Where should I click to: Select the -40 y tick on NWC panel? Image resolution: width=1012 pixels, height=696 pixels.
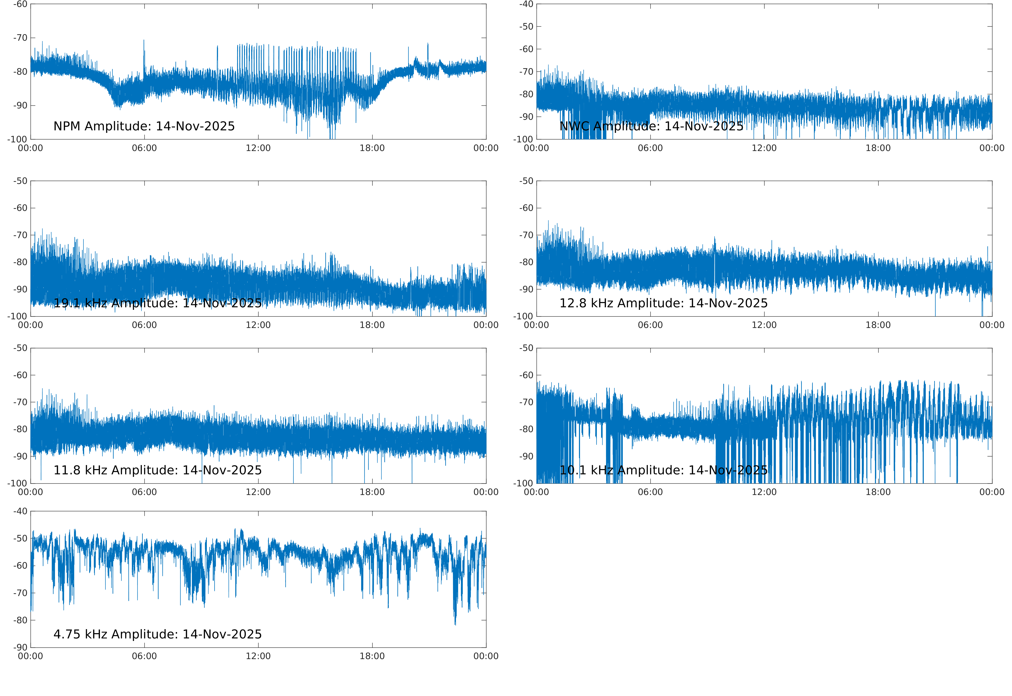click(x=526, y=4)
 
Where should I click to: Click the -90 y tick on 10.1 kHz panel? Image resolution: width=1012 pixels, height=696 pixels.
click(x=526, y=456)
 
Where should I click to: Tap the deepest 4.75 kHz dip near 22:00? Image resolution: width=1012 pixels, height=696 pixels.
click(x=455, y=624)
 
